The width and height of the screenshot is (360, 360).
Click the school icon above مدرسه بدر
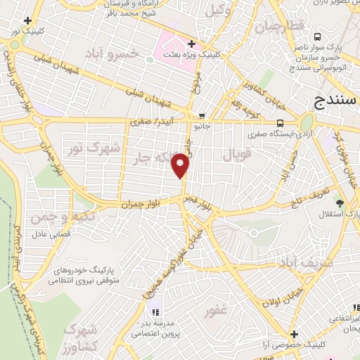(x=154, y=311)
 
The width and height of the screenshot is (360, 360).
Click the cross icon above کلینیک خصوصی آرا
(x=294, y=334)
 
